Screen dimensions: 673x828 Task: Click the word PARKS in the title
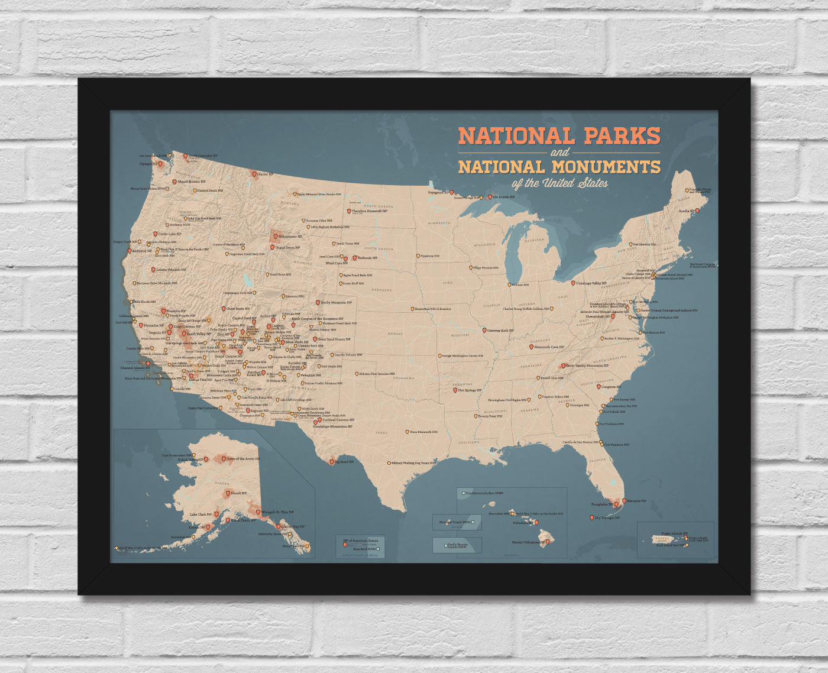point(622,136)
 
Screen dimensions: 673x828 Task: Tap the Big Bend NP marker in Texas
point(331,462)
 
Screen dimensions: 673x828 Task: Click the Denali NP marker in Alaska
point(228,493)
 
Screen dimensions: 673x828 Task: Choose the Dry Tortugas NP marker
point(592,517)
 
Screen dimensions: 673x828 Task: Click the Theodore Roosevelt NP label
point(370,211)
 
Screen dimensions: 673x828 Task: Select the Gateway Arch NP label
point(500,331)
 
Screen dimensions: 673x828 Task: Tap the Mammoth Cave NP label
point(549,347)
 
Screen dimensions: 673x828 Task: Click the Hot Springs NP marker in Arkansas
point(455,390)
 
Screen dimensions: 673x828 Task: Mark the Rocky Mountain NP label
point(336,303)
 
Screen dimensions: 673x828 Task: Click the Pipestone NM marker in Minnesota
point(417,256)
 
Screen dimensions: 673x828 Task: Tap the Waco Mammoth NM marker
point(406,432)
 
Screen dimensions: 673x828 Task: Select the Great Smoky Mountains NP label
point(587,366)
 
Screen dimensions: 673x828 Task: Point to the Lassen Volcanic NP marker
point(153,270)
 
